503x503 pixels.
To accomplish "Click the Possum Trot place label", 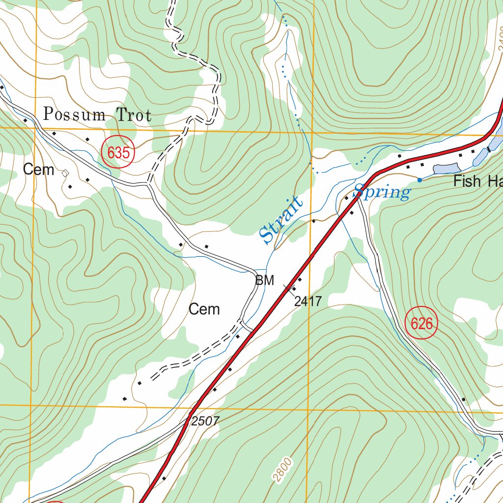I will pos(97,114).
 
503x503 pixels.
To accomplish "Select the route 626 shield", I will pos(421,324).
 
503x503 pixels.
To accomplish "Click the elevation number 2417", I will pos(308,301).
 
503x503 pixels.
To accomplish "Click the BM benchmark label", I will pos(264,280).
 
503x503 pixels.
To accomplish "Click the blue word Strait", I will pos(281,220).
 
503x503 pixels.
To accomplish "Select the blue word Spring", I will pos(382,192).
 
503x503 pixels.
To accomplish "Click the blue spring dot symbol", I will pos(419,180).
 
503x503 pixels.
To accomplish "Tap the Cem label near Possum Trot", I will pos(39,170).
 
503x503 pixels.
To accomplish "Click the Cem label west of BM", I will pos(204,309).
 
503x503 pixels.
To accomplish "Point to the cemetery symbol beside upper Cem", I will pos(64,172).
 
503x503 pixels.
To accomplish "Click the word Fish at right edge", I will pos(467,181).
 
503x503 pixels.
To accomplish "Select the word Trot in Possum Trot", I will pos(134,115).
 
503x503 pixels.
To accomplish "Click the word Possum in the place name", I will pos(74,114).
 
